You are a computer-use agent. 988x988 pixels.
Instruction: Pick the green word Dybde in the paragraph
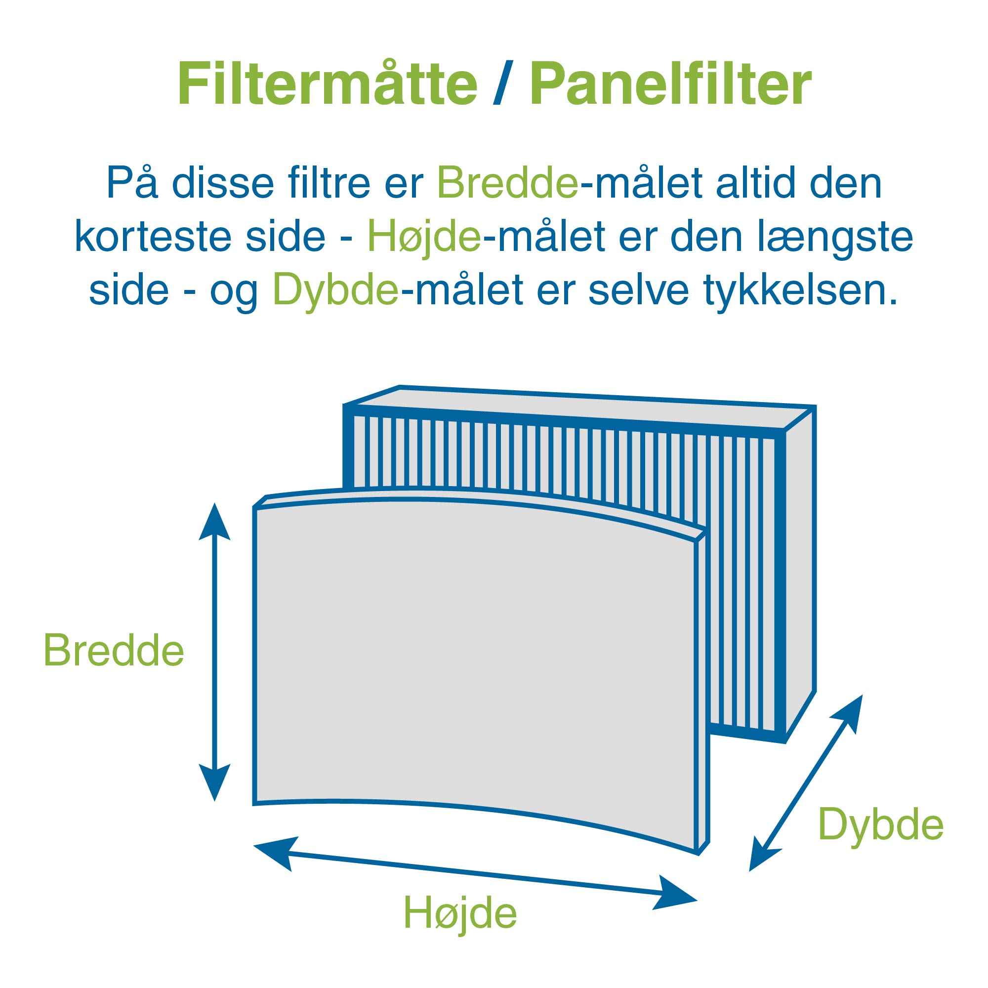(335, 290)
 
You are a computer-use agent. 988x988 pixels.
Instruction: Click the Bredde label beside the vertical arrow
(114, 651)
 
